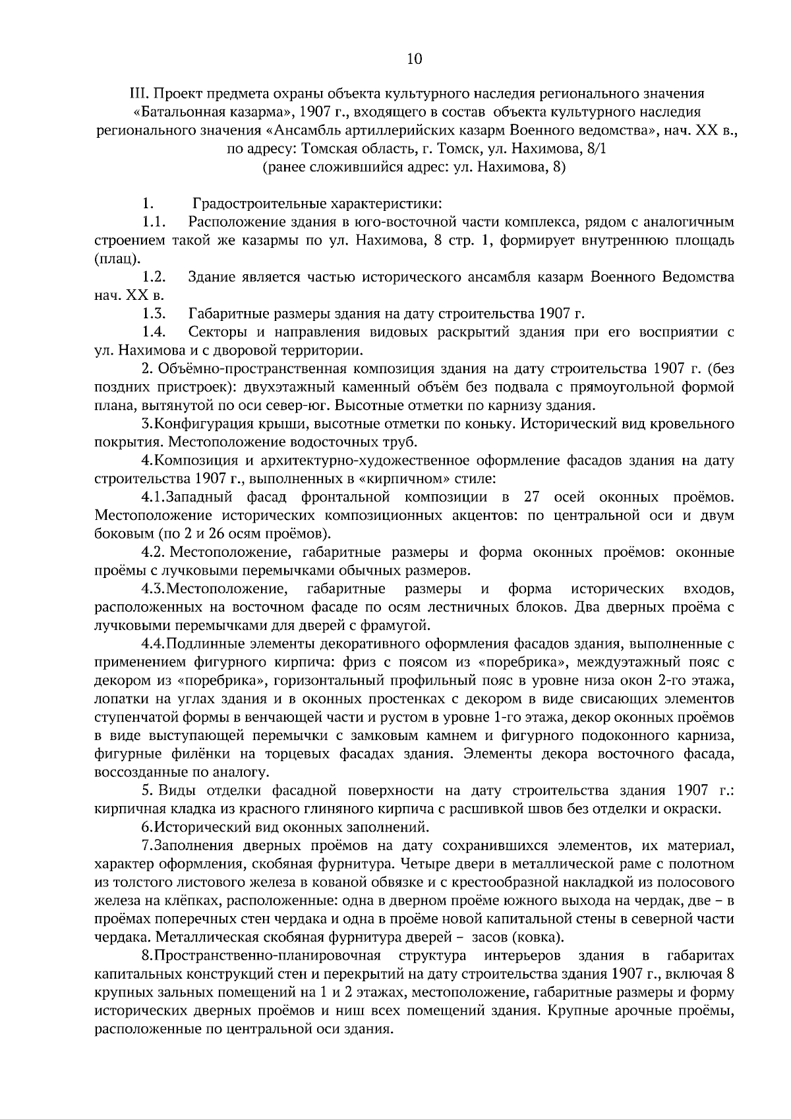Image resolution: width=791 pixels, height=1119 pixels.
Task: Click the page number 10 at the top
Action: coord(414,59)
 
